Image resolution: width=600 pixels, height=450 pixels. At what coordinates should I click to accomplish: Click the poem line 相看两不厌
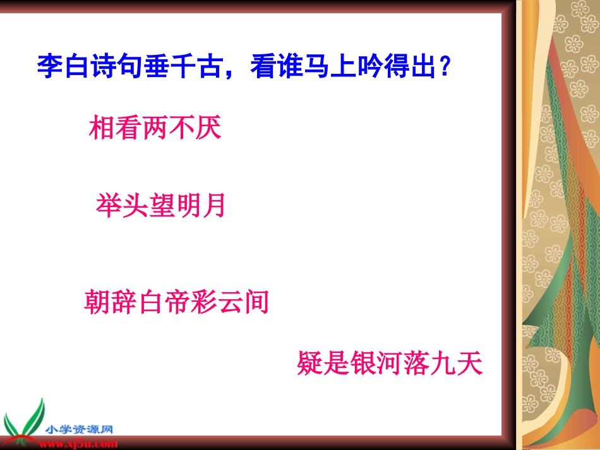(155, 129)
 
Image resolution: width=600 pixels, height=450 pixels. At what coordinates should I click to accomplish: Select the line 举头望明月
(161, 206)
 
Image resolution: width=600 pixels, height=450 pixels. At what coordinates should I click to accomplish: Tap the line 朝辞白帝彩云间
(176, 302)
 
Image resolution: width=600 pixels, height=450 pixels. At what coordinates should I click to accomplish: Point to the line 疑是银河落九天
(390, 364)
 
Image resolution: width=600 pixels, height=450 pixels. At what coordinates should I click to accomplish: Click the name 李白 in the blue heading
(63, 66)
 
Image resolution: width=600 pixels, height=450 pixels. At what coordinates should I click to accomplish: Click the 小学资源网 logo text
(78, 430)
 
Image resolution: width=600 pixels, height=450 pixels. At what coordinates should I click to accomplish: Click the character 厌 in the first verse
(208, 129)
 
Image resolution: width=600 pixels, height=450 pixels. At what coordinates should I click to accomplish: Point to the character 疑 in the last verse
(310, 364)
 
